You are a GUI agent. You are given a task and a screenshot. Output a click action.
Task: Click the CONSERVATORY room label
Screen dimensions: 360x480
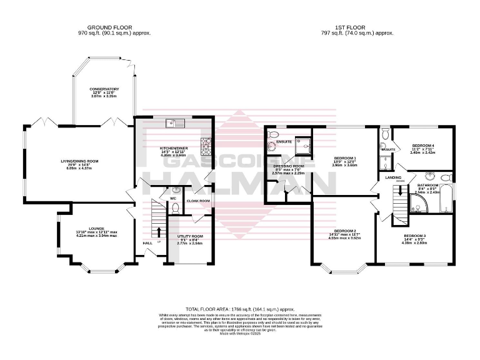pyautogui.click(x=104, y=89)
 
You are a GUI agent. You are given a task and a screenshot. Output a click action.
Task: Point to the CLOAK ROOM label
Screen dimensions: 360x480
pyautogui.click(x=197, y=201)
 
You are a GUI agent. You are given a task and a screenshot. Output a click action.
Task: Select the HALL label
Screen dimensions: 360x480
pyautogui.click(x=147, y=242)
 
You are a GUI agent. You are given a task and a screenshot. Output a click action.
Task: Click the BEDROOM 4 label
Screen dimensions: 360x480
pyautogui.click(x=423, y=146)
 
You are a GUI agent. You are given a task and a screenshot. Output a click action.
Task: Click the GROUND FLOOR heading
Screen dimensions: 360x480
pyautogui.click(x=104, y=27)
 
